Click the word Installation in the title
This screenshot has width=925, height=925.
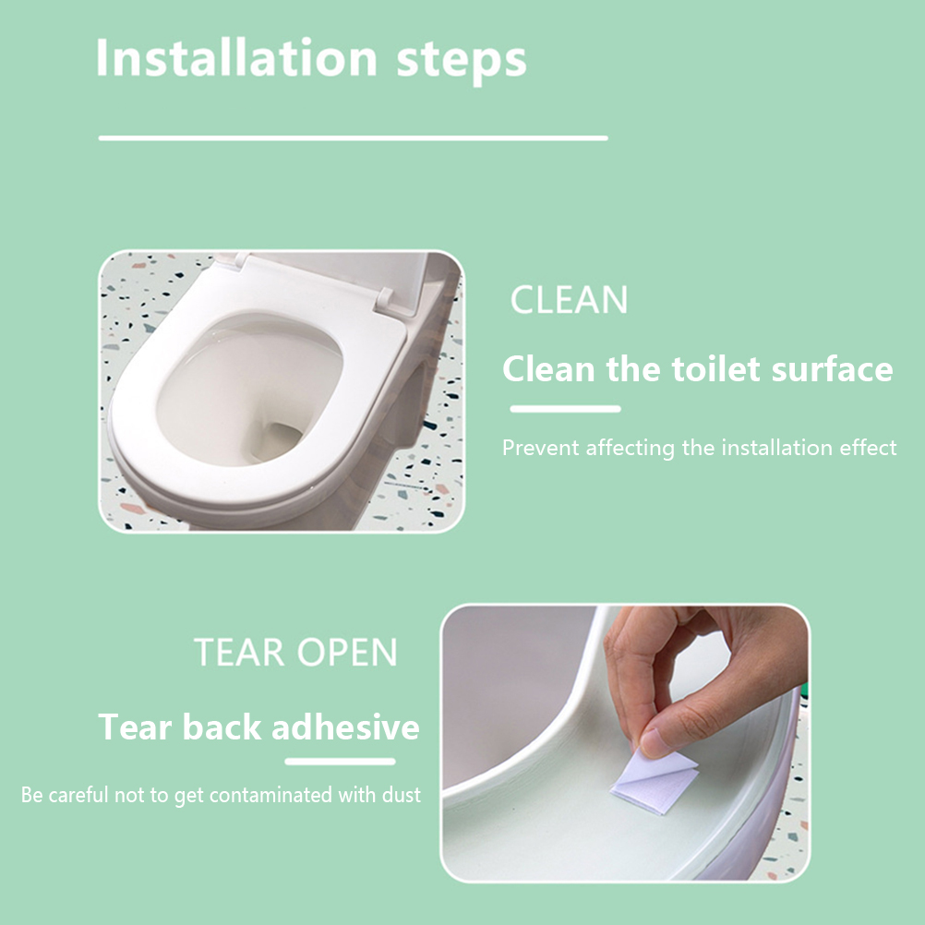(x=236, y=58)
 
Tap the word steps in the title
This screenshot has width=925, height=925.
(x=462, y=62)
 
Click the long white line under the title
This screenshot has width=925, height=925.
(x=353, y=138)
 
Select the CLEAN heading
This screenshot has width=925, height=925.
(x=569, y=300)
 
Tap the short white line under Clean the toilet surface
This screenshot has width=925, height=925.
(x=565, y=409)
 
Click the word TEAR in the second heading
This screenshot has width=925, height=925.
(x=239, y=652)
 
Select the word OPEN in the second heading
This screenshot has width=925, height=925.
(x=347, y=652)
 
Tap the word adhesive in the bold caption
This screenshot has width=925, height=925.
(x=345, y=727)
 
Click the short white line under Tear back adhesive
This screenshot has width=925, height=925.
(x=340, y=762)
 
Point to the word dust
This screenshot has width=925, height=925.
(x=402, y=795)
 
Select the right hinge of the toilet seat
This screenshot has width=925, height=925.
(x=385, y=298)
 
